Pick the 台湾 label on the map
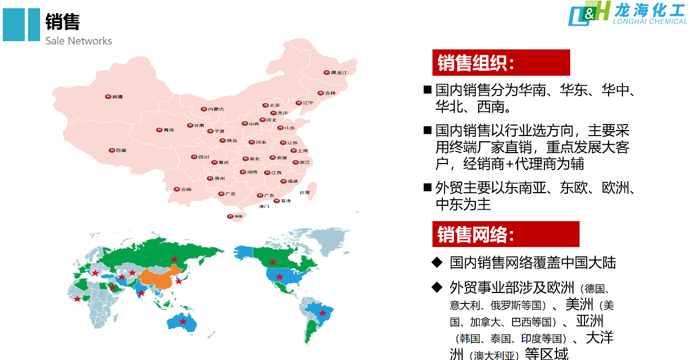coord(304,193)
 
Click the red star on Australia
coord(183,321)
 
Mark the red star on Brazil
coord(323,313)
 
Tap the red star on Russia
coord(175,259)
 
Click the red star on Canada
coord(273,262)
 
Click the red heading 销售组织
coord(475,63)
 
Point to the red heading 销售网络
coord(475,234)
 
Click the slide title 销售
coord(63,22)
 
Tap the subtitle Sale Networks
coord(78,41)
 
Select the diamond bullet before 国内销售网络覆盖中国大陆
coord(437,262)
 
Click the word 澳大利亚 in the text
coord(494,355)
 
